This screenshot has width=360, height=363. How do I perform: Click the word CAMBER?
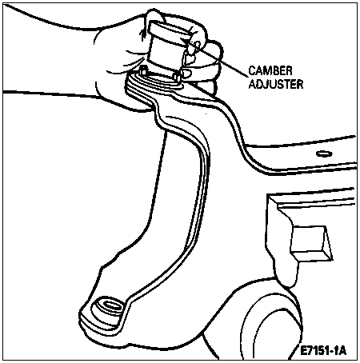click(x=270, y=71)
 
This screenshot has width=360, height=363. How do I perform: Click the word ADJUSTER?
click(x=276, y=84)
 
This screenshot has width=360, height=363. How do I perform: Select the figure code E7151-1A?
click(x=323, y=351)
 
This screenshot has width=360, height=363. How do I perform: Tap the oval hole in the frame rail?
click(x=324, y=154)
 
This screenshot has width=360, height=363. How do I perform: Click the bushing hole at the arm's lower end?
click(x=110, y=305)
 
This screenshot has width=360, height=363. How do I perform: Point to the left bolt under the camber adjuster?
click(x=143, y=70)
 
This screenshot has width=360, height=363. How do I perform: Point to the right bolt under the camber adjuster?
click(x=176, y=76)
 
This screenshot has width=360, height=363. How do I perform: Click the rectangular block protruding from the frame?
click(x=311, y=242)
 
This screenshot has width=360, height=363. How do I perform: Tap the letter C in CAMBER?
click(x=252, y=71)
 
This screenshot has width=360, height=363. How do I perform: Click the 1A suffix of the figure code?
click(x=339, y=351)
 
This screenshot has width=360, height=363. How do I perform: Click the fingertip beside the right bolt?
click(x=186, y=74)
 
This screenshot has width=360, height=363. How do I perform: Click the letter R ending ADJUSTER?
click(x=300, y=84)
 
